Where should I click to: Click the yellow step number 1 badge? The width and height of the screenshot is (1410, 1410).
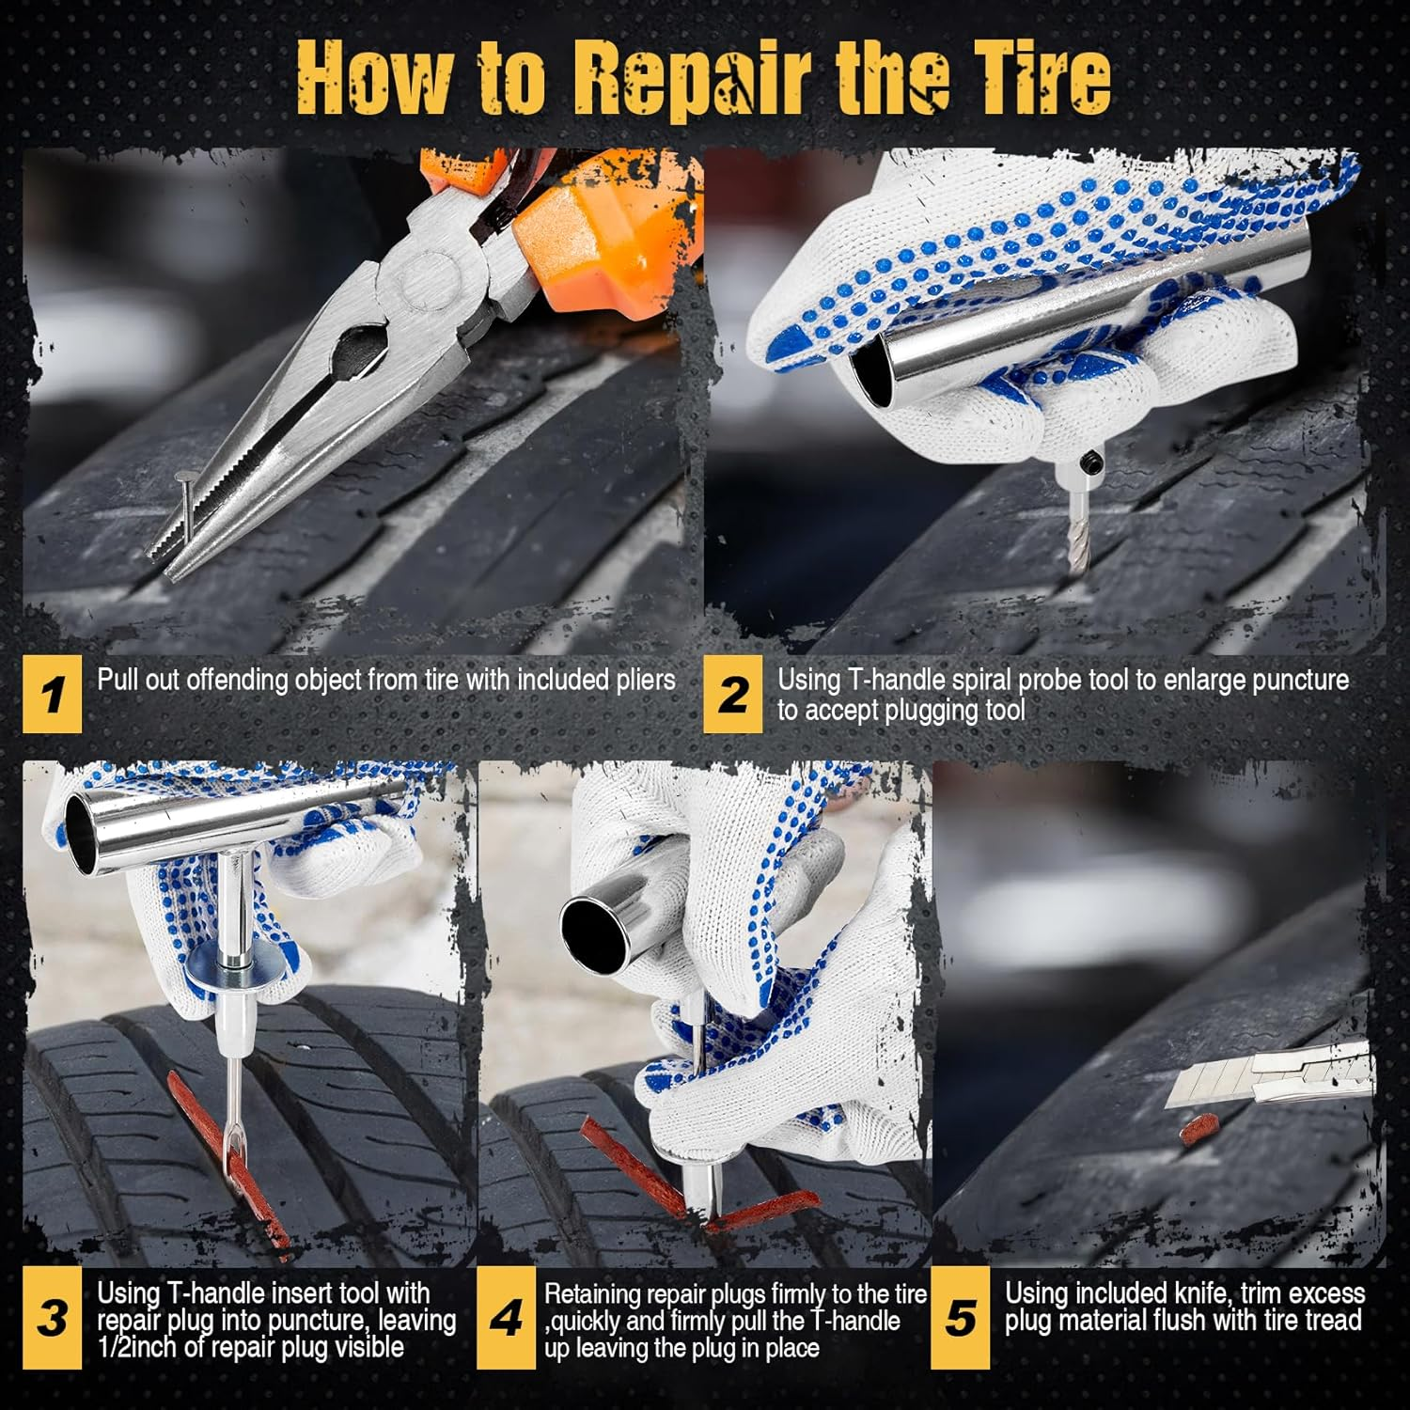[53, 696]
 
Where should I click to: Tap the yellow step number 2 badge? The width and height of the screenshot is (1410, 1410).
[733, 696]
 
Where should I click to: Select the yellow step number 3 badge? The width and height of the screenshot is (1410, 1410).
[52, 1318]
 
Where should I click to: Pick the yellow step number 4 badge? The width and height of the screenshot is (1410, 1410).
[506, 1318]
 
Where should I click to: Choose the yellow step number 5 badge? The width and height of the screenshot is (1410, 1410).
[960, 1318]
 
